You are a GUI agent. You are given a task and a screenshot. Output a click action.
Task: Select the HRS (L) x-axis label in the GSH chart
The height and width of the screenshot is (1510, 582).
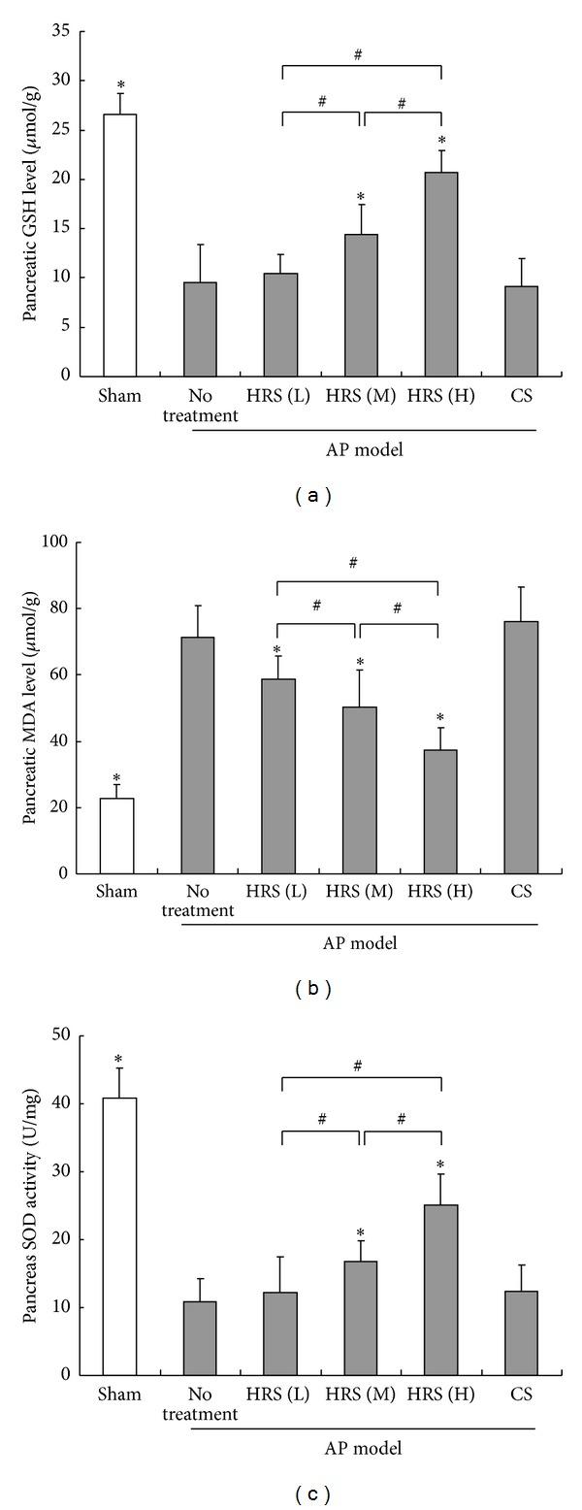(279, 396)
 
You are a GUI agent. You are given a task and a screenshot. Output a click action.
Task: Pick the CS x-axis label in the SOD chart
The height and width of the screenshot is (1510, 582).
(521, 1395)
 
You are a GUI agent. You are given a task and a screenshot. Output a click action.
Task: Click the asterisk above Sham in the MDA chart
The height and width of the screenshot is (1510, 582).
(116, 778)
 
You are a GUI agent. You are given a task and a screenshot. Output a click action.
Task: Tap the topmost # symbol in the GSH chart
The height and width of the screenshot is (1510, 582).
(358, 55)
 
